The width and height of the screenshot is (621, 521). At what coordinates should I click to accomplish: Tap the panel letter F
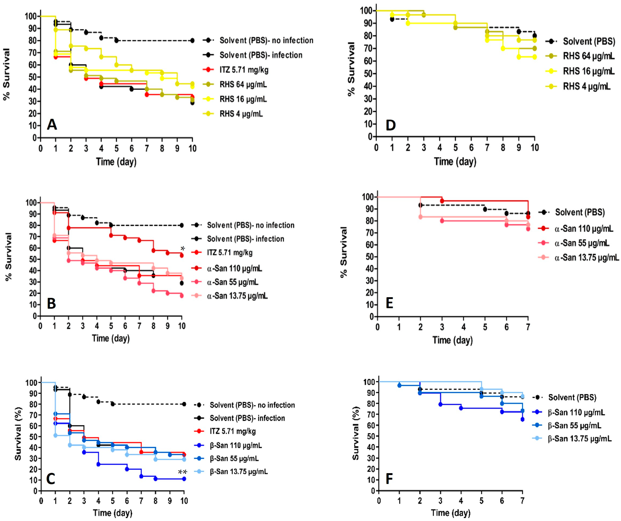389,479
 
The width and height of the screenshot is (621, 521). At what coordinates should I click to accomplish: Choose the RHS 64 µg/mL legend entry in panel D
589,56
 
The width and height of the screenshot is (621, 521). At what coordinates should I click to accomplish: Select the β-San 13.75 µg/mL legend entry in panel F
580,438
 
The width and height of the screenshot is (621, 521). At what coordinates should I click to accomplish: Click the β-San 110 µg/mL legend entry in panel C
236,445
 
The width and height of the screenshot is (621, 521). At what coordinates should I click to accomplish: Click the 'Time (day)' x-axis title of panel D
455,162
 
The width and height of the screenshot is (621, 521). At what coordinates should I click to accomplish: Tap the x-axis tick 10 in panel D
534,147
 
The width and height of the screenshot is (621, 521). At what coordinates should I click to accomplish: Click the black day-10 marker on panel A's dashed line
192,41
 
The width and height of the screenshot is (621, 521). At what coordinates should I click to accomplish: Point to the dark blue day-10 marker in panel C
184,479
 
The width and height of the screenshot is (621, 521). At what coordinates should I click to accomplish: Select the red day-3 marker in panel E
442,201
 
